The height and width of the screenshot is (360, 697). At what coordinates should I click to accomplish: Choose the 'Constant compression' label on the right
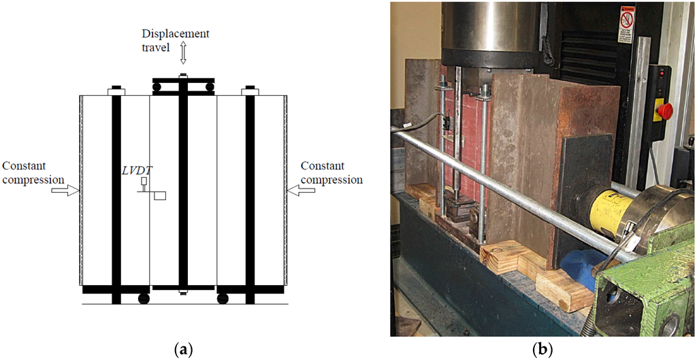pos(331,172)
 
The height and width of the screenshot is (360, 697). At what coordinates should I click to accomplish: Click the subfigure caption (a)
pos(183,350)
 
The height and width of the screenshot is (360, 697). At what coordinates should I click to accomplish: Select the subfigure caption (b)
pos(542,350)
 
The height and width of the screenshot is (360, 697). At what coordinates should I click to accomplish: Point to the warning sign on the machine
pos(626,26)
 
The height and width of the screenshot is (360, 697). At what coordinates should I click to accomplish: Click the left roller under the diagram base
pos(144,298)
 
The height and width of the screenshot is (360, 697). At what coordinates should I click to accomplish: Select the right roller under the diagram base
pos(222,298)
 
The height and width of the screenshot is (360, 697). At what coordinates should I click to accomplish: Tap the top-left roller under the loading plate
pos(157,87)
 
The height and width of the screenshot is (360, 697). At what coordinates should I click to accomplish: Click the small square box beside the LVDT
pos(160,196)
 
